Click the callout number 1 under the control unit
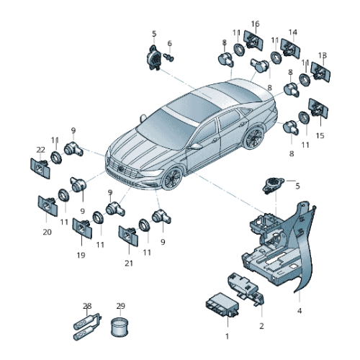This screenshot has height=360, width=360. pos(226,336)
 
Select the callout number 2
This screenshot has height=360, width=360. pos(261,326)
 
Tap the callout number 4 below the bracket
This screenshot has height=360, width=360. pos(299,311)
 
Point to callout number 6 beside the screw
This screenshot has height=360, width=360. pos(170,43)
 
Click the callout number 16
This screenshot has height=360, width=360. pos(255,24)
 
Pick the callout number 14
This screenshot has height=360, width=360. pos(293,32)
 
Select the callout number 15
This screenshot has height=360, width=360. pos(320,135)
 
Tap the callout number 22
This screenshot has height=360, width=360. pos(40,150)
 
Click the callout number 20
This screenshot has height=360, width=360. pos(47,232)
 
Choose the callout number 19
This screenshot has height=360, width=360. pos(80,255)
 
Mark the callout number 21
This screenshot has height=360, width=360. pos(129,263)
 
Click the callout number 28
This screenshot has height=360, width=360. pos(87,306)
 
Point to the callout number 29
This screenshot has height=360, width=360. pos(120,306)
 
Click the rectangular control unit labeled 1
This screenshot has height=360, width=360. pos(220,307)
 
